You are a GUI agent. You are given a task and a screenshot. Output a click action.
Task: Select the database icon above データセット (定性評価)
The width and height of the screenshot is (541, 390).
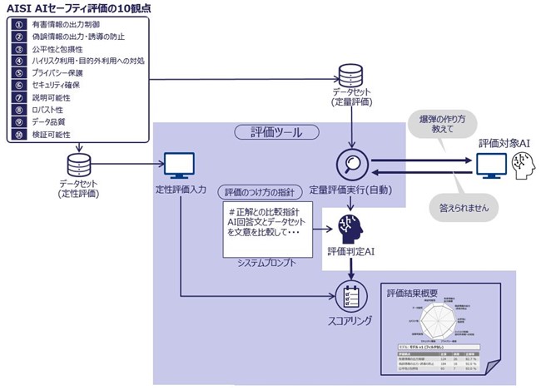pos(79,162)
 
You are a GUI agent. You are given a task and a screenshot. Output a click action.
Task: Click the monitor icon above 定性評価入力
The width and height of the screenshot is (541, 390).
pos(179,165)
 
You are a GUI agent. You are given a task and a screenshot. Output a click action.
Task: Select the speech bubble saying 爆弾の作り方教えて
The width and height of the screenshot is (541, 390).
pos(441,125)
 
